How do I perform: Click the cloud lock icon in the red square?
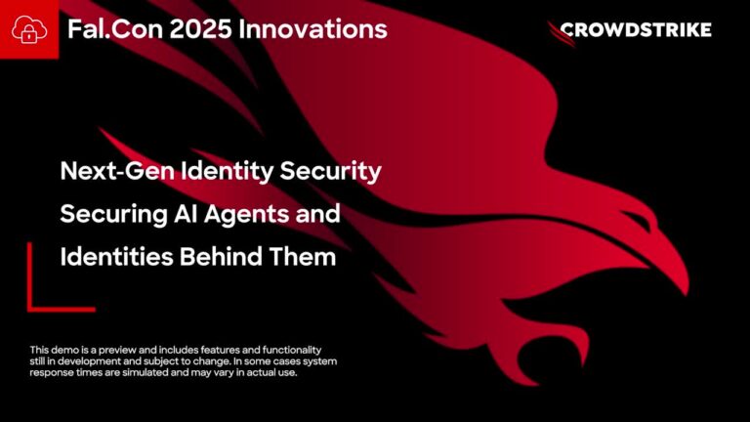28,29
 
